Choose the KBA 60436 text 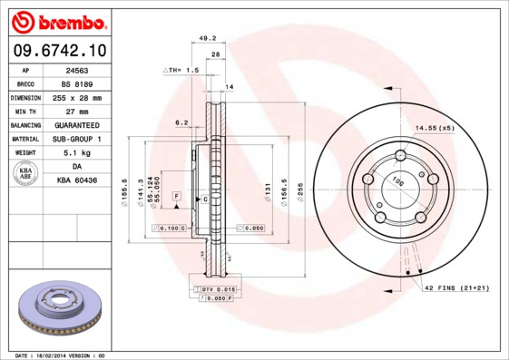[x=77, y=181]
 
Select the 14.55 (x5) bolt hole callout [x=435, y=128]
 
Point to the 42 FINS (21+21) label [x=456, y=287]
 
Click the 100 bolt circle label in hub [x=396, y=182]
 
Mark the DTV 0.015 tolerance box [x=212, y=287]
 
